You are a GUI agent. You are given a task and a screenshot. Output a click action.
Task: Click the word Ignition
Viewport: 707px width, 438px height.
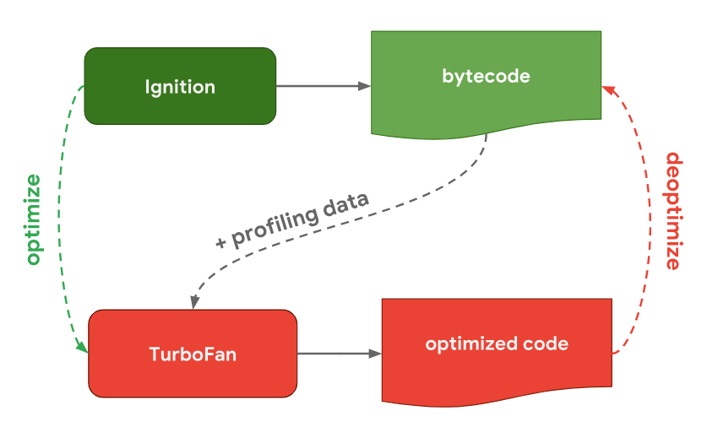[x=180, y=87]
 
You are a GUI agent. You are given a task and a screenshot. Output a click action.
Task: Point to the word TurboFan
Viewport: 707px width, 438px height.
[x=193, y=354]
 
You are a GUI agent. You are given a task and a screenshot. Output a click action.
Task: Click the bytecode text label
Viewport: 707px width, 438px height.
[x=486, y=77]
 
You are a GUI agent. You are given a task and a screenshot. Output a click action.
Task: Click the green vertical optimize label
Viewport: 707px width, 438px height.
[x=32, y=219]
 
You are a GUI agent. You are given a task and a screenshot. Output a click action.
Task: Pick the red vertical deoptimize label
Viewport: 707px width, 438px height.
[x=673, y=211]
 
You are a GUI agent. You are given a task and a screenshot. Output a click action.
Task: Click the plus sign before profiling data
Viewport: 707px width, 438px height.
[x=222, y=242]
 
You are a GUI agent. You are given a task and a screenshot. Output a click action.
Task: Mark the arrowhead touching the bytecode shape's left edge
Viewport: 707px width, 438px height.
[x=365, y=86]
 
